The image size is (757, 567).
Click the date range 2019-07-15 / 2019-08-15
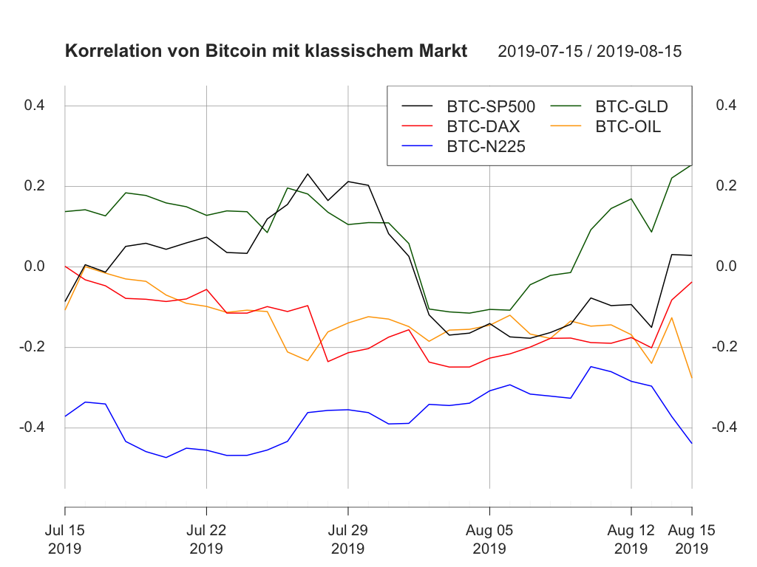pos(589,52)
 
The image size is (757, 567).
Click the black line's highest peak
pos(308,174)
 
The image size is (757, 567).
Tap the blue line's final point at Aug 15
pos(692,443)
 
